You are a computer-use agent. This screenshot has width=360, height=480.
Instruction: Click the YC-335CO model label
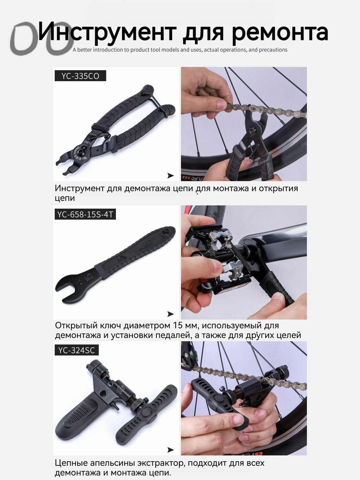(x=80, y=76)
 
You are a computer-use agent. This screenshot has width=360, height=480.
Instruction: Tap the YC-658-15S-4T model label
(x=85, y=214)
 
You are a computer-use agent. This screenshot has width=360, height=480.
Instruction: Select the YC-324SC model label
(x=77, y=350)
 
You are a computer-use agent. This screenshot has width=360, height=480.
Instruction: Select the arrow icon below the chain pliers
(x=171, y=175)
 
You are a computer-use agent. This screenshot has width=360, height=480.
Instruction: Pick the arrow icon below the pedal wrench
(x=171, y=314)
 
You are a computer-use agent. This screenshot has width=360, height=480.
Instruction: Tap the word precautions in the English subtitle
(x=273, y=50)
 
